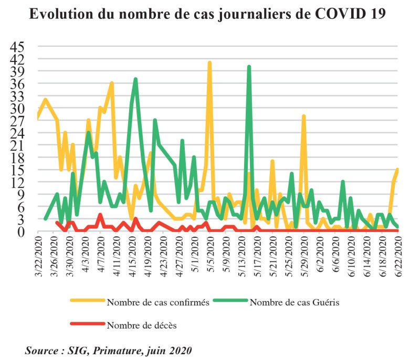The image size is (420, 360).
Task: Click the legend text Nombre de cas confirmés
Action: pos(158,302)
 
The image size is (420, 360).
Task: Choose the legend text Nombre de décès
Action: pos(142,325)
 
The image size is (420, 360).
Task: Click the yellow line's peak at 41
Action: pos(209,63)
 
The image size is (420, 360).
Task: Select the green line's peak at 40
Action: pos(249,67)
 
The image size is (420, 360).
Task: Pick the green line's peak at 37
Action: pos(135,80)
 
